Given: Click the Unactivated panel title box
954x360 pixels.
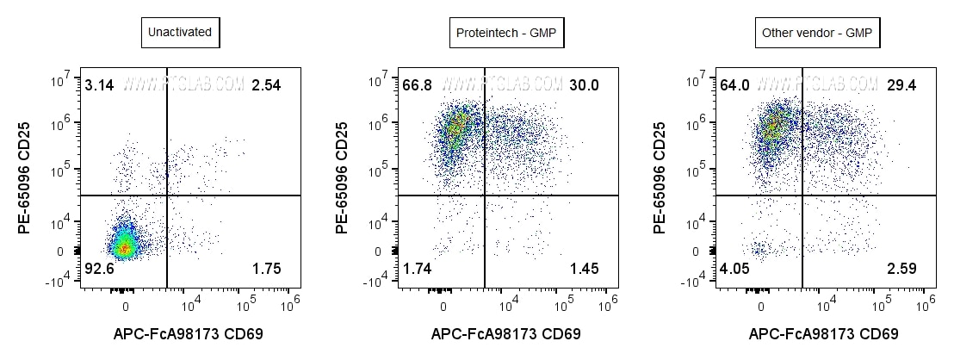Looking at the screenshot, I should click(x=179, y=34).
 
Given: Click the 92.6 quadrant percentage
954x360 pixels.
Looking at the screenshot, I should click(x=99, y=270).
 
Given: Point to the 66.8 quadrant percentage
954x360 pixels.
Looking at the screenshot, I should click(x=417, y=85).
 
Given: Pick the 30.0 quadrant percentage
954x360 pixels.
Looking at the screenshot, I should click(x=583, y=85).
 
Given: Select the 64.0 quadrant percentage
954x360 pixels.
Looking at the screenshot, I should click(x=734, y=85).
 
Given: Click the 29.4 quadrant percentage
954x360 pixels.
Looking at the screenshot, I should click(x=901, y=85).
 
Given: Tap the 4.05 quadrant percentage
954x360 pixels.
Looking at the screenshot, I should click(x=734, y=270).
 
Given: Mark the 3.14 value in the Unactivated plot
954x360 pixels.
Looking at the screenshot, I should click(x=99, y=85).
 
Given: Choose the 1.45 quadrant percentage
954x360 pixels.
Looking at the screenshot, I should click(x=584, y=270).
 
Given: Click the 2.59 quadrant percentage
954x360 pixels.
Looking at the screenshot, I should click(x=901, y=270).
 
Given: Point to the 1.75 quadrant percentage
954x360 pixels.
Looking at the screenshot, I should click(x=266, y=270).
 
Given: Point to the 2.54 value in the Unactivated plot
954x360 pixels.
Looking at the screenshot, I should click(x=266, y=85).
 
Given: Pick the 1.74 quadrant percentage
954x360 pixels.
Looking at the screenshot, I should click(x=417, y=270).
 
